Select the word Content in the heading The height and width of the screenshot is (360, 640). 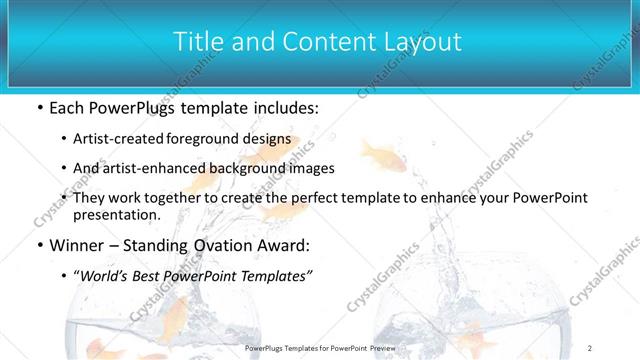[326, 42]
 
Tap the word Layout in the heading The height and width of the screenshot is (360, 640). [425, 42]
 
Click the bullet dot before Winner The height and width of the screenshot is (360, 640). [38, 245]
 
